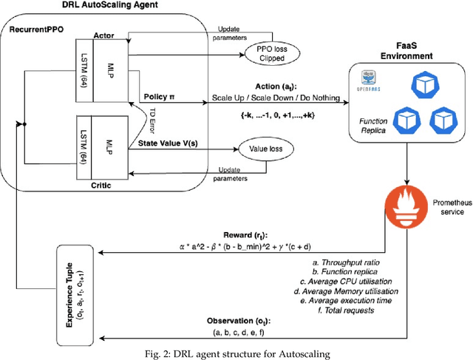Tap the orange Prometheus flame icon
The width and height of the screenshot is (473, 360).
click(407, 210)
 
